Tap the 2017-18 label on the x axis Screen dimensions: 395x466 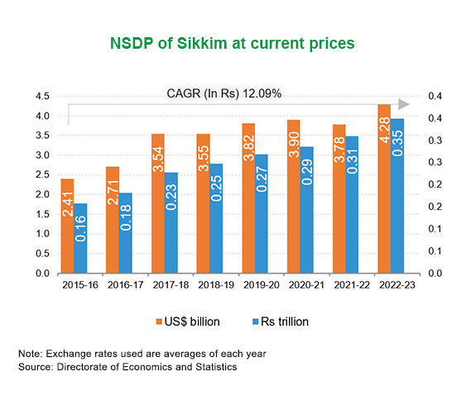point(171,285)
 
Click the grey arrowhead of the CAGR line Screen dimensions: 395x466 point(404,104)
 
